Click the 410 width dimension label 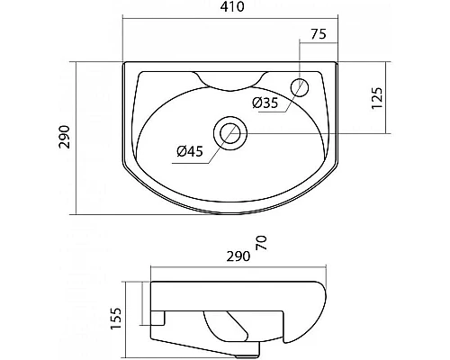tap(232, 6)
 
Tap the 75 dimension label tap(319, 34)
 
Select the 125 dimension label tap(377, 98)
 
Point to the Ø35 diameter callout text tap(265, 103)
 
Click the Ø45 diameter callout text tap(190, 151)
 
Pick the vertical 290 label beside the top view tap(65, 137)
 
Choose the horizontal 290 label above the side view tap(238, 256)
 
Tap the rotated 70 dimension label tap(261, 243)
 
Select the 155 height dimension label tap(116, 319)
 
